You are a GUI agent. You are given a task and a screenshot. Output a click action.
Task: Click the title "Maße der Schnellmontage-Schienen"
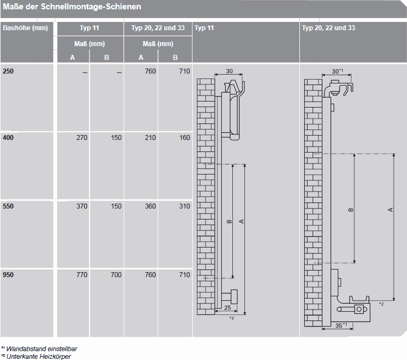pyautogui.click(x=72, y=7)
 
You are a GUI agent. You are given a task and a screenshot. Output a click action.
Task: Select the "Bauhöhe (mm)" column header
pyautogui.click(x=25, y=28)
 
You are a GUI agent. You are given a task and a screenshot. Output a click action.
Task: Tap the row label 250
pyautogui.click(x=8, y=71)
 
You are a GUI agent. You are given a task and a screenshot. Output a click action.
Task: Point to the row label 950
pyautogui.click(x=8, y=275)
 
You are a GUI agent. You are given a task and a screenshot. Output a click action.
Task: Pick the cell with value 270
pyautogui.click(x=82, y=137)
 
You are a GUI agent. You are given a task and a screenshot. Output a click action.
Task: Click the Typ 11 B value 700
pyautogui.click(x=116, y=275)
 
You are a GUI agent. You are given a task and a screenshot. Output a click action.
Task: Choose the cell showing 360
pyautogui.click(x=150, y=206)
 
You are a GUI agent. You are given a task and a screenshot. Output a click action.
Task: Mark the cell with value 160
pyautogui.click(x=185, y=137)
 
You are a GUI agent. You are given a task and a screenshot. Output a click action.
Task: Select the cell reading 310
pyautogui.click(x=185, y=206)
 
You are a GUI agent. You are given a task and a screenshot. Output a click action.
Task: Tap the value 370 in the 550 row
pyautogui.click(x=82, y=206)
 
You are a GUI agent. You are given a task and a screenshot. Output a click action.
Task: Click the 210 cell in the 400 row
pyautogui.click(x=150, y=137)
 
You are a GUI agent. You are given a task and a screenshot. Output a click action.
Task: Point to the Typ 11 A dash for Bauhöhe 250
pyautogui.click(x=85, y=72)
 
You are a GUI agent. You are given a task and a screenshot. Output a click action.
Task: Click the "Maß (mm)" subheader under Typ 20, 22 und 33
pyautogui.click(x=158, y=44)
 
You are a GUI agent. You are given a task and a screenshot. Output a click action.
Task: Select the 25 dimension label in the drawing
pyautogui.click(x=227, y=308)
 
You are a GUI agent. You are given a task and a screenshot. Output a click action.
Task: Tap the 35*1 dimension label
pyautogui.click(x=341, y=325)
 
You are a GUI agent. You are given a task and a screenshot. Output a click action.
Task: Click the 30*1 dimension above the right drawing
pyautogui.click(x=337, y=71)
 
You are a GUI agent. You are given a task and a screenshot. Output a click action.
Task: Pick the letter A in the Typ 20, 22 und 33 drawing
pyautogui.click(x=391, y=210)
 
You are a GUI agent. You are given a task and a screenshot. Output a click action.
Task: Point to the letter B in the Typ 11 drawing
pyautogui.click(x=229, y=221)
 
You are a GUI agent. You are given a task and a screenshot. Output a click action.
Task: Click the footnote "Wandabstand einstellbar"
pyautogui.click(x=42, y=349)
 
